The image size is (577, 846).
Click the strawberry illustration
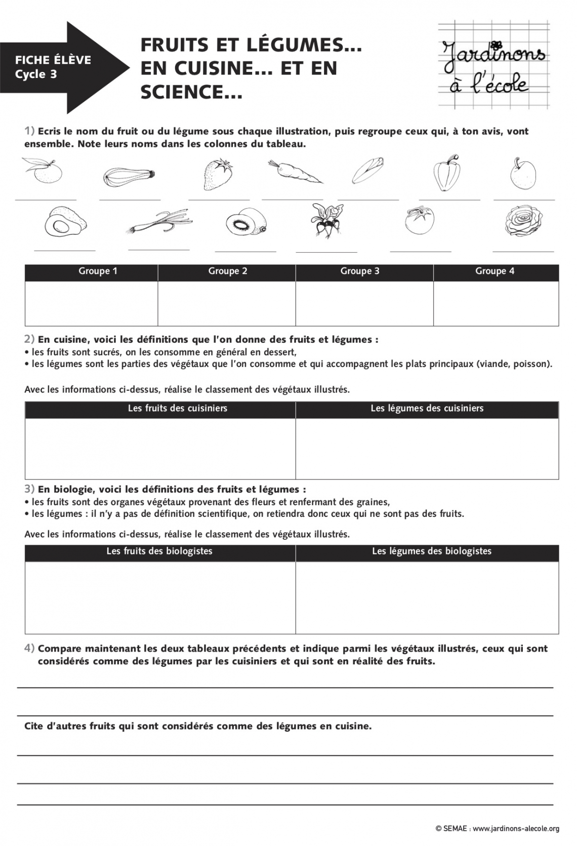(x=218, y=174)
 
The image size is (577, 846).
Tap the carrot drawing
(x=295, y=172)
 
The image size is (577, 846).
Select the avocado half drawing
(x=65, y=222)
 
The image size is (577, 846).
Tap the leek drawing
(x=159, y=223)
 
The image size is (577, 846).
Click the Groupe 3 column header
(x=359, y=271)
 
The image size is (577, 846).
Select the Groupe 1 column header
(x=98, y=271)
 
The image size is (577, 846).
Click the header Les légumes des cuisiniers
(x=427, y=408)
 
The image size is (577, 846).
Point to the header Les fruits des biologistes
(x=159, y=551)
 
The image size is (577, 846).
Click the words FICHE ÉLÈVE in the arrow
(x=53, y=60)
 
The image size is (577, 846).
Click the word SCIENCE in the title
(x=184, y=92)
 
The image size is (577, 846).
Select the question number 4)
(x=29, y=648)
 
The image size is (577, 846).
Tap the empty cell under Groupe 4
(x=496, y=303)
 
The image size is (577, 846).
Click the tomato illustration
(x=419, y=221)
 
